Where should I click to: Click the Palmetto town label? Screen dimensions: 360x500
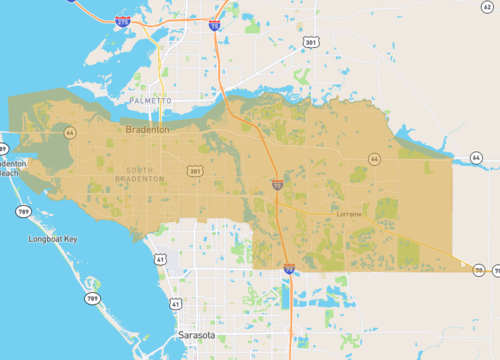(x=151, y=102)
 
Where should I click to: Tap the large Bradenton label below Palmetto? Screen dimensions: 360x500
(x=148, y=130)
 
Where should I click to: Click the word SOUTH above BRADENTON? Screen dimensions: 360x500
(x=146, y=168)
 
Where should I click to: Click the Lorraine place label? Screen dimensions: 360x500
(x=349, y=214)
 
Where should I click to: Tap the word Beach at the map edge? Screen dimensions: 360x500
(x=8, y=173)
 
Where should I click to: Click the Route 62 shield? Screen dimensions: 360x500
(x=487, y=7)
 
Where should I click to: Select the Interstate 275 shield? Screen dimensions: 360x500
(x=122, y=20)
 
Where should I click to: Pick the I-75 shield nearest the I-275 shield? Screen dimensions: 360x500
(x=214, y=26)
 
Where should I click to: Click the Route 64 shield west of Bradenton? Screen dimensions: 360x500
(x=69, y=132)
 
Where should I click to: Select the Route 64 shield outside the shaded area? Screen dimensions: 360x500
(x=476, y=158)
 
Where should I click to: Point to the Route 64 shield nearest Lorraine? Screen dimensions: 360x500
(x=373, y=159)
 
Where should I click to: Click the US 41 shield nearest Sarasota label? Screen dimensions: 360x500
(x=176, y=303)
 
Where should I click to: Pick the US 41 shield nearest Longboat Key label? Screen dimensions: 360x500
(x=160, y=259)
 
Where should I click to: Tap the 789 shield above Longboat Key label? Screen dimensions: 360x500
(x=22, y=211)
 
